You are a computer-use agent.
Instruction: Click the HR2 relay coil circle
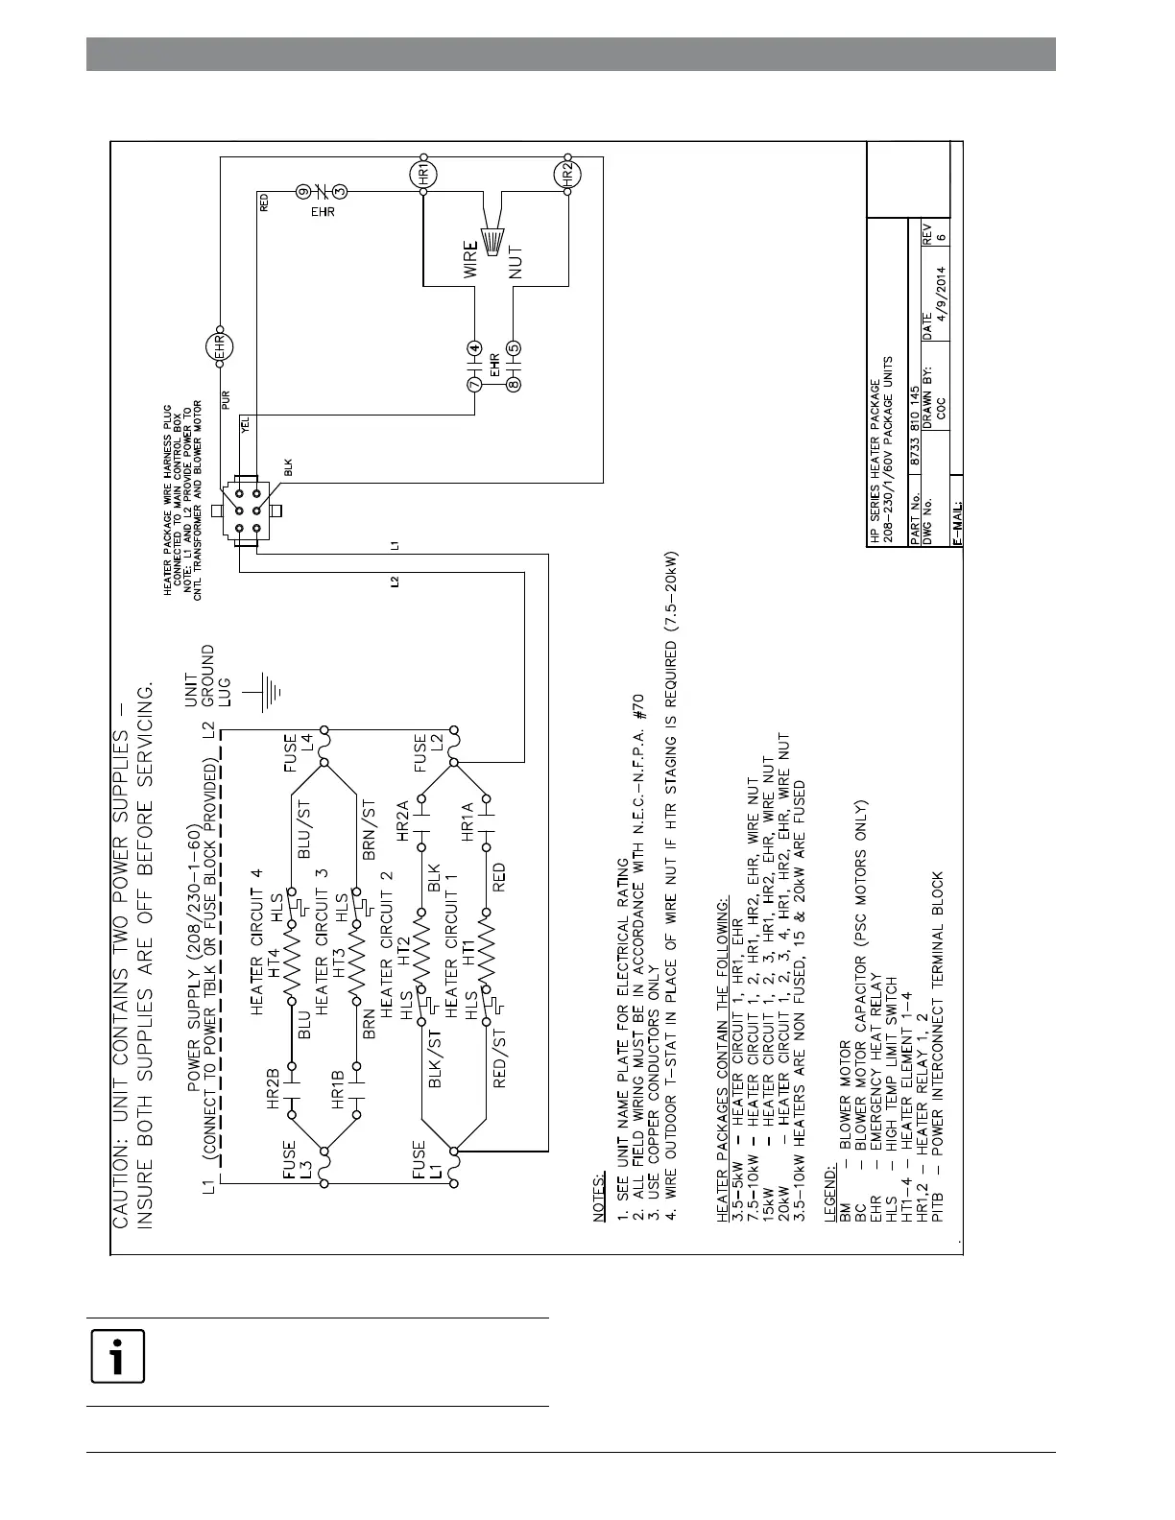(x=567, y=175)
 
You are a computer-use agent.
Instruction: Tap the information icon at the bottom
(x=117, y=1357)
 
